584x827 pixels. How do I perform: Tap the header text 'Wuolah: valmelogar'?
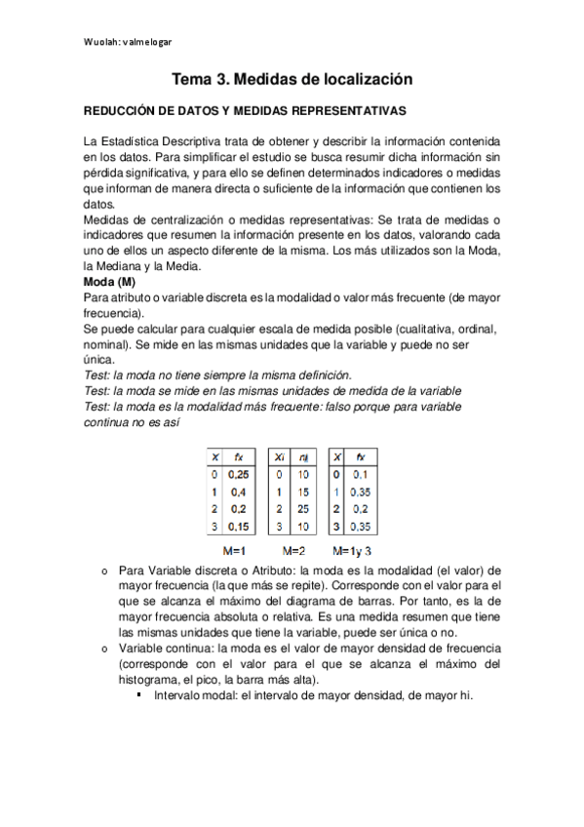point(128,42)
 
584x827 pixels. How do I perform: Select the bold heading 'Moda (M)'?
point(109,281)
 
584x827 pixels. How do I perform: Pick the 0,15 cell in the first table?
point(239,527)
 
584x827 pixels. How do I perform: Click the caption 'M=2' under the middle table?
point(293,550)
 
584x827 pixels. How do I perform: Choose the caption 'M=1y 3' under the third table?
point(352,550)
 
